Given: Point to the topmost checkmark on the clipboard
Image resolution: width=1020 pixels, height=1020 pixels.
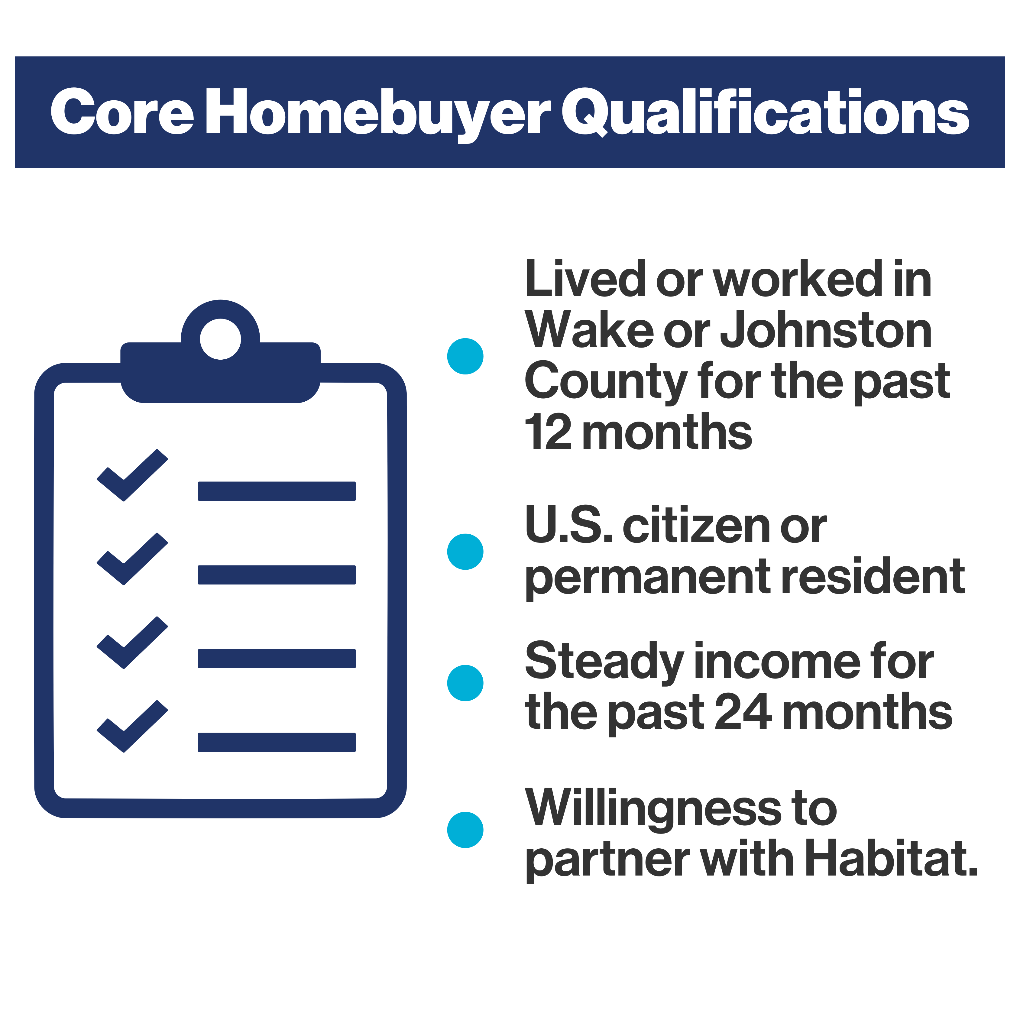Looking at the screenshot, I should pos(132,475).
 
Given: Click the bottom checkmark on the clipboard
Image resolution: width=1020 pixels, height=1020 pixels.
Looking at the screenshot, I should pos(132,727).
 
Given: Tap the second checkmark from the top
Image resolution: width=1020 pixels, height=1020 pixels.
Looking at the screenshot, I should pos(132,559).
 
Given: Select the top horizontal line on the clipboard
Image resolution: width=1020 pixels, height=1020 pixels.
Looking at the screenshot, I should pos(277,491).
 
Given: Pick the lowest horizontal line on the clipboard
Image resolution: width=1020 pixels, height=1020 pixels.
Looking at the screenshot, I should pos(277,742).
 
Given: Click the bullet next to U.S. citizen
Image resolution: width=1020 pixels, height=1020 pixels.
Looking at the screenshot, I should pos(465,552).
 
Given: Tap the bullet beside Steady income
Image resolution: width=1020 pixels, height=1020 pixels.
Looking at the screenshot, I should pos(465,683).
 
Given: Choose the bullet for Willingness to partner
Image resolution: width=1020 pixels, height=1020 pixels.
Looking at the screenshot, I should pos(465,830).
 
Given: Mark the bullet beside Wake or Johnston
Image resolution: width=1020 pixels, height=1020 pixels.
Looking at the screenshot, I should pos(465,356).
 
